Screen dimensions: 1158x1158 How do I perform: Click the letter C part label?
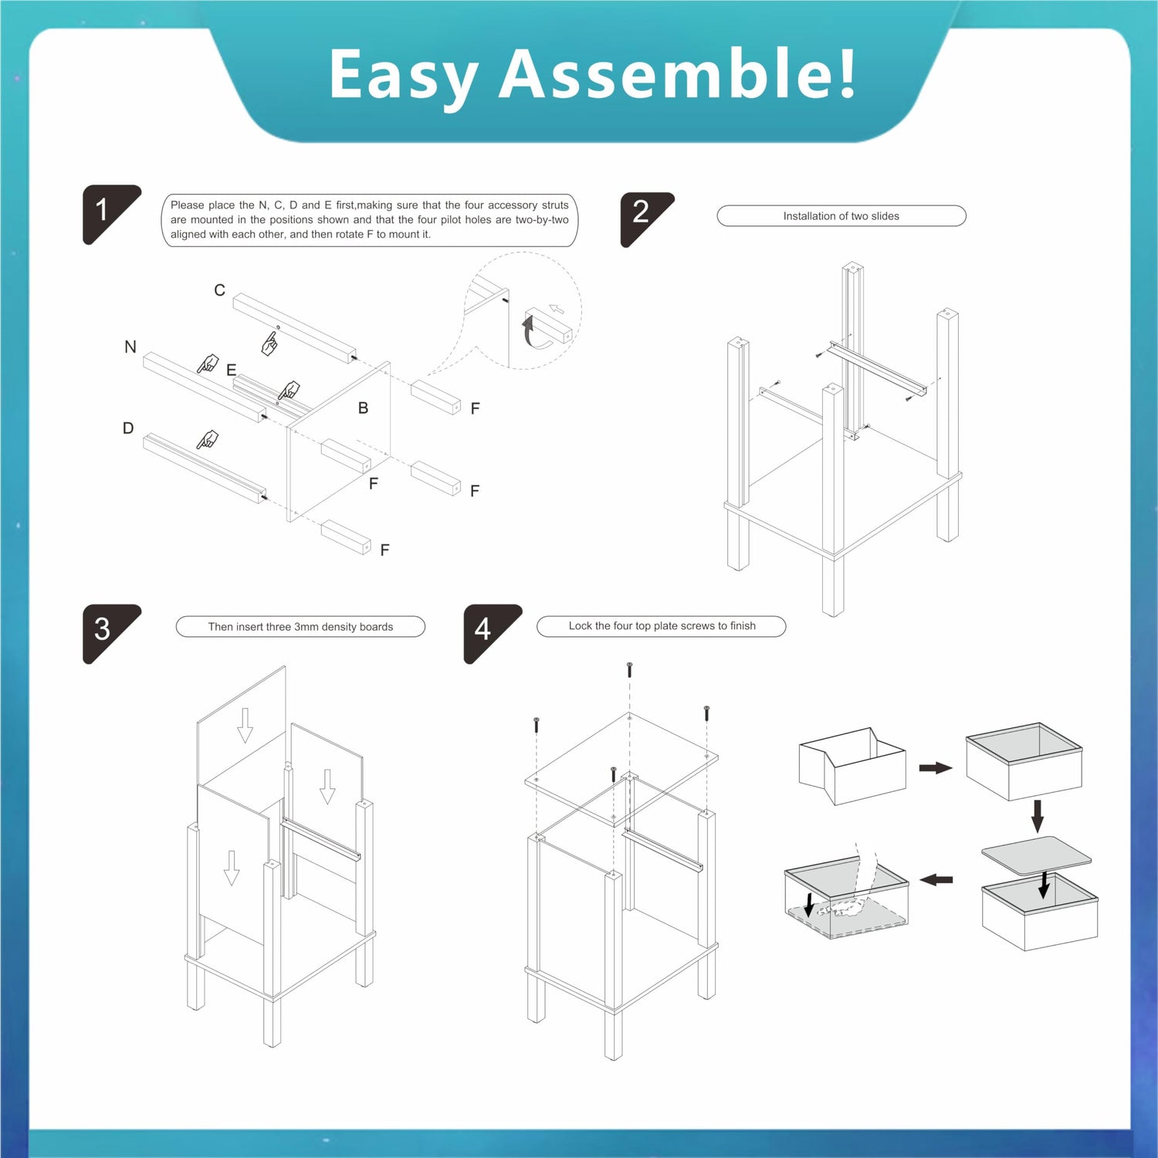pos(220,290)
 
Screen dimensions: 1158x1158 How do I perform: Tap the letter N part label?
pos(130,347)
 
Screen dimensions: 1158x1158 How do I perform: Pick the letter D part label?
pos(128,428)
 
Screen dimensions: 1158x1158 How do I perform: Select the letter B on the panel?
pos(363,408)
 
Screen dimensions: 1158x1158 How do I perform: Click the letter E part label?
pos(231,371)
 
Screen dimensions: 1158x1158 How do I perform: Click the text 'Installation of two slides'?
pos(841,216)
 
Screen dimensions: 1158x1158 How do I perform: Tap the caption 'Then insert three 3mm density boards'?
pos(300,627)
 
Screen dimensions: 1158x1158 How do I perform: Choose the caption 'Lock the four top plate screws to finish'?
pos(662,626)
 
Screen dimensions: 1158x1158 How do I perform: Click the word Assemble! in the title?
pos(679,73)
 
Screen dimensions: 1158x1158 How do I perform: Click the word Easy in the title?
pos(404,77)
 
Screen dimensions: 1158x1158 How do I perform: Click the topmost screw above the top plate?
pos(630,669)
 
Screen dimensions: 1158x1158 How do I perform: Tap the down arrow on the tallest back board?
pos(245,725)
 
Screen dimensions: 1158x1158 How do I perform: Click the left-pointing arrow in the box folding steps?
pos(936,879)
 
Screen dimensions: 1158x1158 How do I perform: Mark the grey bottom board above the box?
pos(1036,855)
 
